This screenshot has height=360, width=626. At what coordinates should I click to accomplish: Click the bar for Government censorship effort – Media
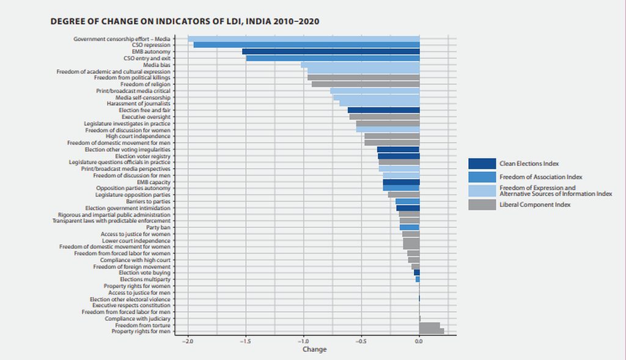point(303,39)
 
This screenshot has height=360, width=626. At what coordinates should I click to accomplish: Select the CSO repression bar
point(306,45)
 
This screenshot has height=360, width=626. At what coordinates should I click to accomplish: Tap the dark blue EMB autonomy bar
point(331,52)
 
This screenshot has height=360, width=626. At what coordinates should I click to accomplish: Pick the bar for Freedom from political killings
point(363,78)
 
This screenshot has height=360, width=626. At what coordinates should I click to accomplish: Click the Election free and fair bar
point(383,110)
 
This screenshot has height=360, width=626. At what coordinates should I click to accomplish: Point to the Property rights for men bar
point(432,331)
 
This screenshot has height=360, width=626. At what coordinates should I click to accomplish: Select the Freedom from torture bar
point(429,325)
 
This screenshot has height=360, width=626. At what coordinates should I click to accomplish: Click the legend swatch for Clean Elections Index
point(482,164)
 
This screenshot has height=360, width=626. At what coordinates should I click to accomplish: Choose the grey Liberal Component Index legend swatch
point(482,205)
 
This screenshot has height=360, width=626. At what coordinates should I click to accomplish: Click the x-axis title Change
point(314,350)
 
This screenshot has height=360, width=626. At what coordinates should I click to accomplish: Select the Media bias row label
point(156,65)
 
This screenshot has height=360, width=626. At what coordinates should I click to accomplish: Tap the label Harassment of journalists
point(138,104)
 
